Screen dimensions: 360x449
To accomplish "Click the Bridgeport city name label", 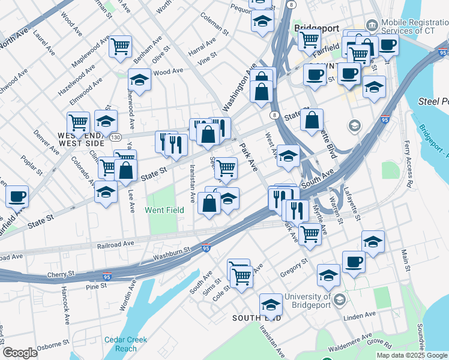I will [x=317, y=28].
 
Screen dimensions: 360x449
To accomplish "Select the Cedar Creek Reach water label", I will [x=125, y=344].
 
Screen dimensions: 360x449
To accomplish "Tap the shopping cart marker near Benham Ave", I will [x=121, y=46].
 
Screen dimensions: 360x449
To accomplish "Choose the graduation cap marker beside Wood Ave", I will [x=139, y=80].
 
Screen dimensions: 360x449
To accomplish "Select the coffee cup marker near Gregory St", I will [x=354, y=261].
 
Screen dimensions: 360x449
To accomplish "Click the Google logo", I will [x=20, y=353].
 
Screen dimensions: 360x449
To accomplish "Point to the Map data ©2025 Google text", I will [x=411, y=355].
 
